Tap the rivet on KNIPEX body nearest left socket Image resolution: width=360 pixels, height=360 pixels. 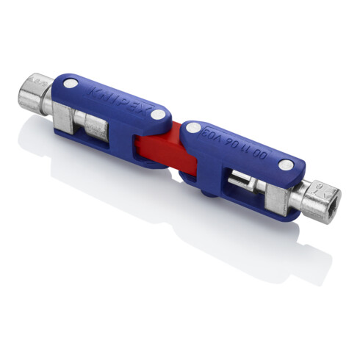point(69,85)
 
